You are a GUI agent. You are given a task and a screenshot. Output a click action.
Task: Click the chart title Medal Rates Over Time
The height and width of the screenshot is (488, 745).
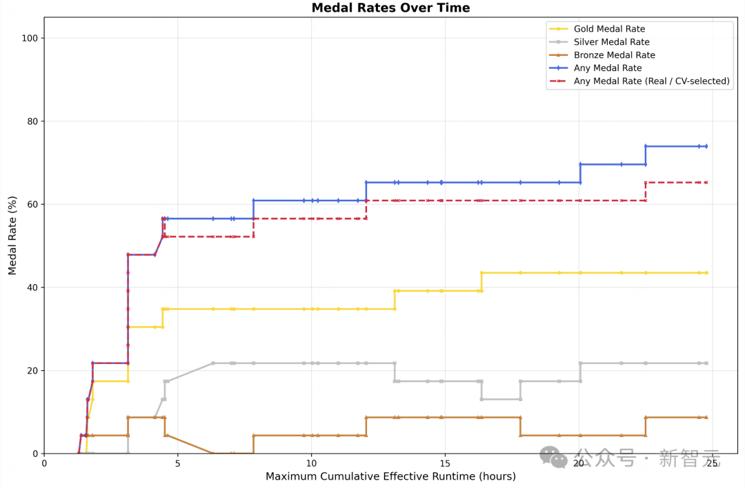(390, 8)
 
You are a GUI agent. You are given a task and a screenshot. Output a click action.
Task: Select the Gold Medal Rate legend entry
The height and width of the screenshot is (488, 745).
(609, 29)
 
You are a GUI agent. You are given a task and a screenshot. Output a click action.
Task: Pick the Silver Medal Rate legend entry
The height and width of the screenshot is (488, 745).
(611, 42)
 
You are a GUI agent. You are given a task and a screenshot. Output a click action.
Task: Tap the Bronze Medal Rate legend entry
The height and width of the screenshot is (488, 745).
(614, 55)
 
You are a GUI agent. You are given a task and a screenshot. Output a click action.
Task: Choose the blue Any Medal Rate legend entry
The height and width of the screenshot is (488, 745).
(608, 68)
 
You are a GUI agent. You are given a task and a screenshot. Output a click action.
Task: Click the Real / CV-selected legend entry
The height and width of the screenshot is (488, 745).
(651, 81)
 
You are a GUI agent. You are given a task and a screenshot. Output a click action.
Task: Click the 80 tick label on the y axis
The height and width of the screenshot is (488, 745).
(32, 121)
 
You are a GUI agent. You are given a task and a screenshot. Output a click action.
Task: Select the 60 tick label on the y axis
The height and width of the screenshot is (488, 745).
(32, 205)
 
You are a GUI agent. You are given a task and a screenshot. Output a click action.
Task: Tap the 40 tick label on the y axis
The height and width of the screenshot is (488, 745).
(32, 287)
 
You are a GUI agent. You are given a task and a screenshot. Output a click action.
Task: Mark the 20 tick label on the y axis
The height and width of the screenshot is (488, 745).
(32, 371)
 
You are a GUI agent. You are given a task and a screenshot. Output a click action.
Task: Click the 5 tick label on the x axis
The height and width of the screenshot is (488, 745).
(177, 463)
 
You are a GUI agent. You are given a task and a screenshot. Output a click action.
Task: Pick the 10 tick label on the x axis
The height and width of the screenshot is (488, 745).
(311, 463)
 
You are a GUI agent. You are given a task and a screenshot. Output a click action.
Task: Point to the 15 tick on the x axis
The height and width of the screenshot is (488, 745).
(445, 463)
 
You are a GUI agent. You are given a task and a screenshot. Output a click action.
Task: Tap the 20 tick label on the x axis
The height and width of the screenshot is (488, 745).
(579, 463)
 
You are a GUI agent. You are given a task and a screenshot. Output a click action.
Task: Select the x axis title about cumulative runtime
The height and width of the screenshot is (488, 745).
(390, 477)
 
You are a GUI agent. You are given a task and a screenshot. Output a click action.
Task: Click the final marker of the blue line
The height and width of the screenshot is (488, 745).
(706, 146)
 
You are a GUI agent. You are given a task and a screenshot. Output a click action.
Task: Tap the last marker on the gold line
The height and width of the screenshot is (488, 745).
(706, 273)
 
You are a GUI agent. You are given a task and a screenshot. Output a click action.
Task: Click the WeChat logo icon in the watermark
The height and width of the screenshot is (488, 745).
(553, 457)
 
